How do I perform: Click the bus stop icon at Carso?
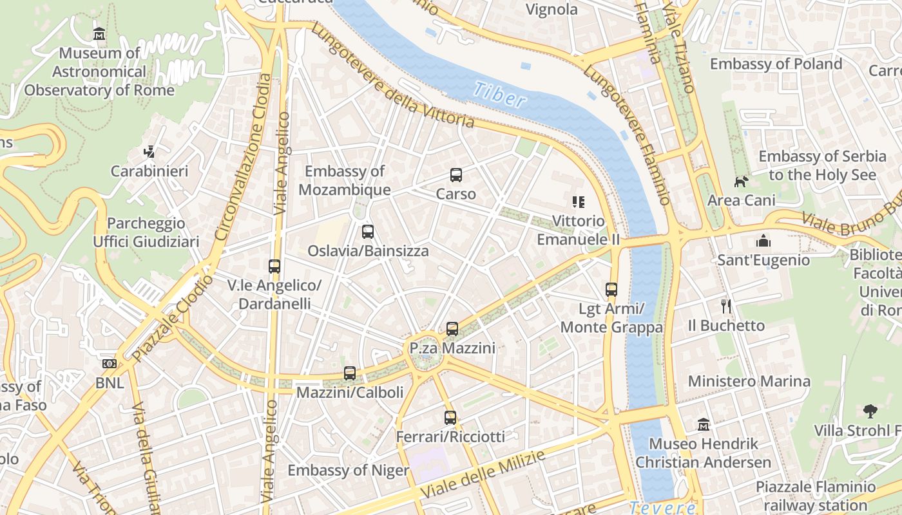pyautogui.click(x=456, y=175)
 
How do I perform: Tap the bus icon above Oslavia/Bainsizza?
pyautogui.click(x=368, y=232)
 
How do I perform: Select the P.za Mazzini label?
pyautogui.click(x=452, y=348)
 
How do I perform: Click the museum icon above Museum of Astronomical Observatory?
pyautogui.click(x=99, y=34)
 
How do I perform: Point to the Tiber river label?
pyautogui.click(x=499, y=95)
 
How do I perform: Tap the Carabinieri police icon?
pyautogui.click(x=149, y=152)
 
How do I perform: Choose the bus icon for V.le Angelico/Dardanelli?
pyautogui.click(x=274, y=266)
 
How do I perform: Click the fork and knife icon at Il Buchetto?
pyautogui.click(x=726, y=306)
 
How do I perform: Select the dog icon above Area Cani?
pyautogui.click(x=741, y=182)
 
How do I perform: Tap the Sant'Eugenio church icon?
pyautogui.click(x=763, y=241)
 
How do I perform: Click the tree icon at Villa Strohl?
pyautogui.click(x=870, y=411)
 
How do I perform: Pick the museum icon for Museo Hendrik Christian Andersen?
pyautogui.click(x=704, y=425)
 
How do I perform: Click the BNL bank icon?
pyautogui.click(x=110, y=364)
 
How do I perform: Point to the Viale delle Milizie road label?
pyautogui.click(x=483, y=474)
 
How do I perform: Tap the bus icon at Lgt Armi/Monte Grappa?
pyautogui.click(x=611, y=290)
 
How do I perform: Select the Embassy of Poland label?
pyautogui.click(x=776, y=64)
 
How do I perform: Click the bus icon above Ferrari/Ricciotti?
pyautogui.click(x=450, y=418)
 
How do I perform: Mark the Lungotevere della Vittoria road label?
pyautogui.click(x=392, y=76)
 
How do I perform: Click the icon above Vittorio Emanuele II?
pyautogui.click(x=578, y=202)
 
